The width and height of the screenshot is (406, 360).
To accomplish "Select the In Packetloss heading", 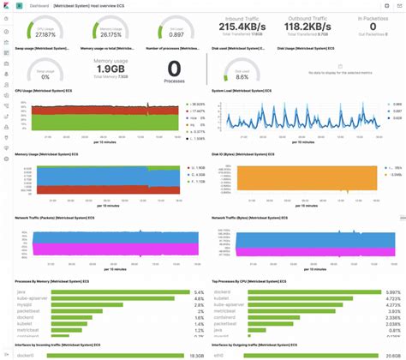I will click(x=372, y=16).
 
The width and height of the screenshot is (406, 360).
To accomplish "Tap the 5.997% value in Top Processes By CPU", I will click(x=391, y=292).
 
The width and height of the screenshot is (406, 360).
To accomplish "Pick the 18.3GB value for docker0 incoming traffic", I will click(x=188, y=355).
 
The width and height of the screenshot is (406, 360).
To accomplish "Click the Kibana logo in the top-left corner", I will click(x=7, y=4).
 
